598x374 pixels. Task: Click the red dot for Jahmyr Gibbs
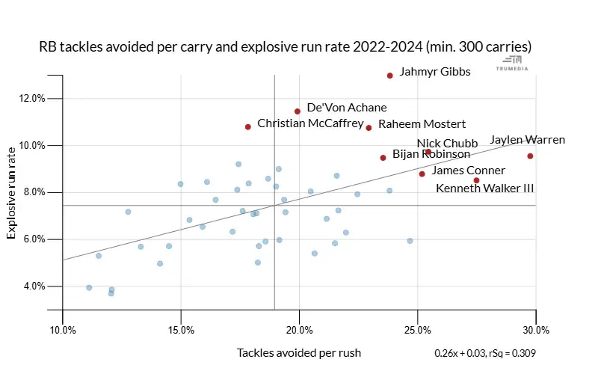pyautogui.click(x=390, y=76)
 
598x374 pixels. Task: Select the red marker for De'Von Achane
pyautogui.click(x=298, y=111)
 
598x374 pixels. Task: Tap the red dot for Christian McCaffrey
pyautogui.click(x=248, y=127)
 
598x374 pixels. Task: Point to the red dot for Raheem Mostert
pyautogui.click(x=369, y=128)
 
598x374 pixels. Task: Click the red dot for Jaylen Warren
pyautogui.click(x=530, y=156)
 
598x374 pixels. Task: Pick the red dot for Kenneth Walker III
pyautogui.click(x=476, y=180)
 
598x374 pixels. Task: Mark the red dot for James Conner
pyautogui.click(x=422, y=174)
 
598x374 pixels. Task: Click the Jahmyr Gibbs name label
pyautogui.click(x=435, y=73)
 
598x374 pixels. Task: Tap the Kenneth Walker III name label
pyautogui.click(x=484, y=188)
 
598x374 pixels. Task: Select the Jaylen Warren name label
pyautogui.click(x=527, y=140)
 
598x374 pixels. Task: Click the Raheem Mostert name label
pyautogui.click(x=422, y=124)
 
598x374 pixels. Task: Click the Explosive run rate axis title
pyautogui.click(x=12, y=193)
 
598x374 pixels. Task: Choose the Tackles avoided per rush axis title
pyautogui.click(x=299, y=352)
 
